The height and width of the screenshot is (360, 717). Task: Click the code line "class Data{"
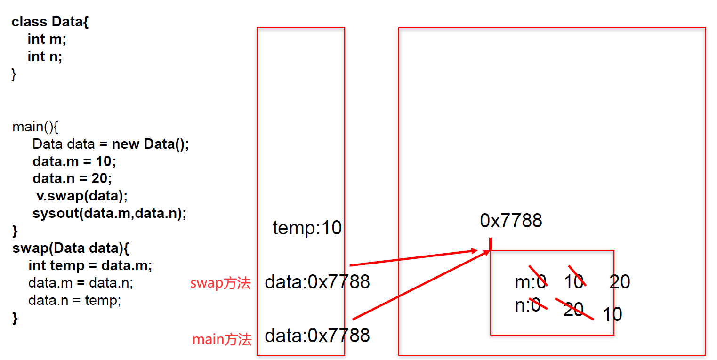pos(50,22)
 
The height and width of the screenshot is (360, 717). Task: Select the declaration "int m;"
pos(47,39)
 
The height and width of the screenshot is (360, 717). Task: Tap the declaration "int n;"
pos(45,56)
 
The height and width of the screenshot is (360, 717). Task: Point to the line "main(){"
pos(35,127)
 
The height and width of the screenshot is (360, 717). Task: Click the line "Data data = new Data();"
pos(111,144)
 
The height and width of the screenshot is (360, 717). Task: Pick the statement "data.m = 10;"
pos(74,161)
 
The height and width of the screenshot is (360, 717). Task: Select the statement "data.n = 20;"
pos(72,178)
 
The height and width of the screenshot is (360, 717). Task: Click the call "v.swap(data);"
pos(82,196)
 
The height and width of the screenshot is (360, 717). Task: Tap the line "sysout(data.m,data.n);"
pos(109,213)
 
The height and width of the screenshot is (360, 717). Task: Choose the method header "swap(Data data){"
pos(71,248)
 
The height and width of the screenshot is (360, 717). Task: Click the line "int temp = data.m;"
pos(90,265)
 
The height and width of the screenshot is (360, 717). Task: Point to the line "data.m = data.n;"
pos(81,283)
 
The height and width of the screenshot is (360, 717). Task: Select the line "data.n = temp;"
pos(74,300)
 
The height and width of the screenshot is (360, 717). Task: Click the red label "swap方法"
pos(220,283)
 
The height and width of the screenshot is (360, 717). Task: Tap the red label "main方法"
pos(222,339)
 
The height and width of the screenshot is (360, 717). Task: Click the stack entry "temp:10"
pos(307,228)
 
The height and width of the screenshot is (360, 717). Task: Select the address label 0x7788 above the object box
pos(511,221)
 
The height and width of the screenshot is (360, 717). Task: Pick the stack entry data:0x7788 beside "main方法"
pos(317,336)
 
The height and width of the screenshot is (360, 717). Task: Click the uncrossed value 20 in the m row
pos(620,282)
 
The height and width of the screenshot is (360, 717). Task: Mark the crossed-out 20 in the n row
pos(573,309)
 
